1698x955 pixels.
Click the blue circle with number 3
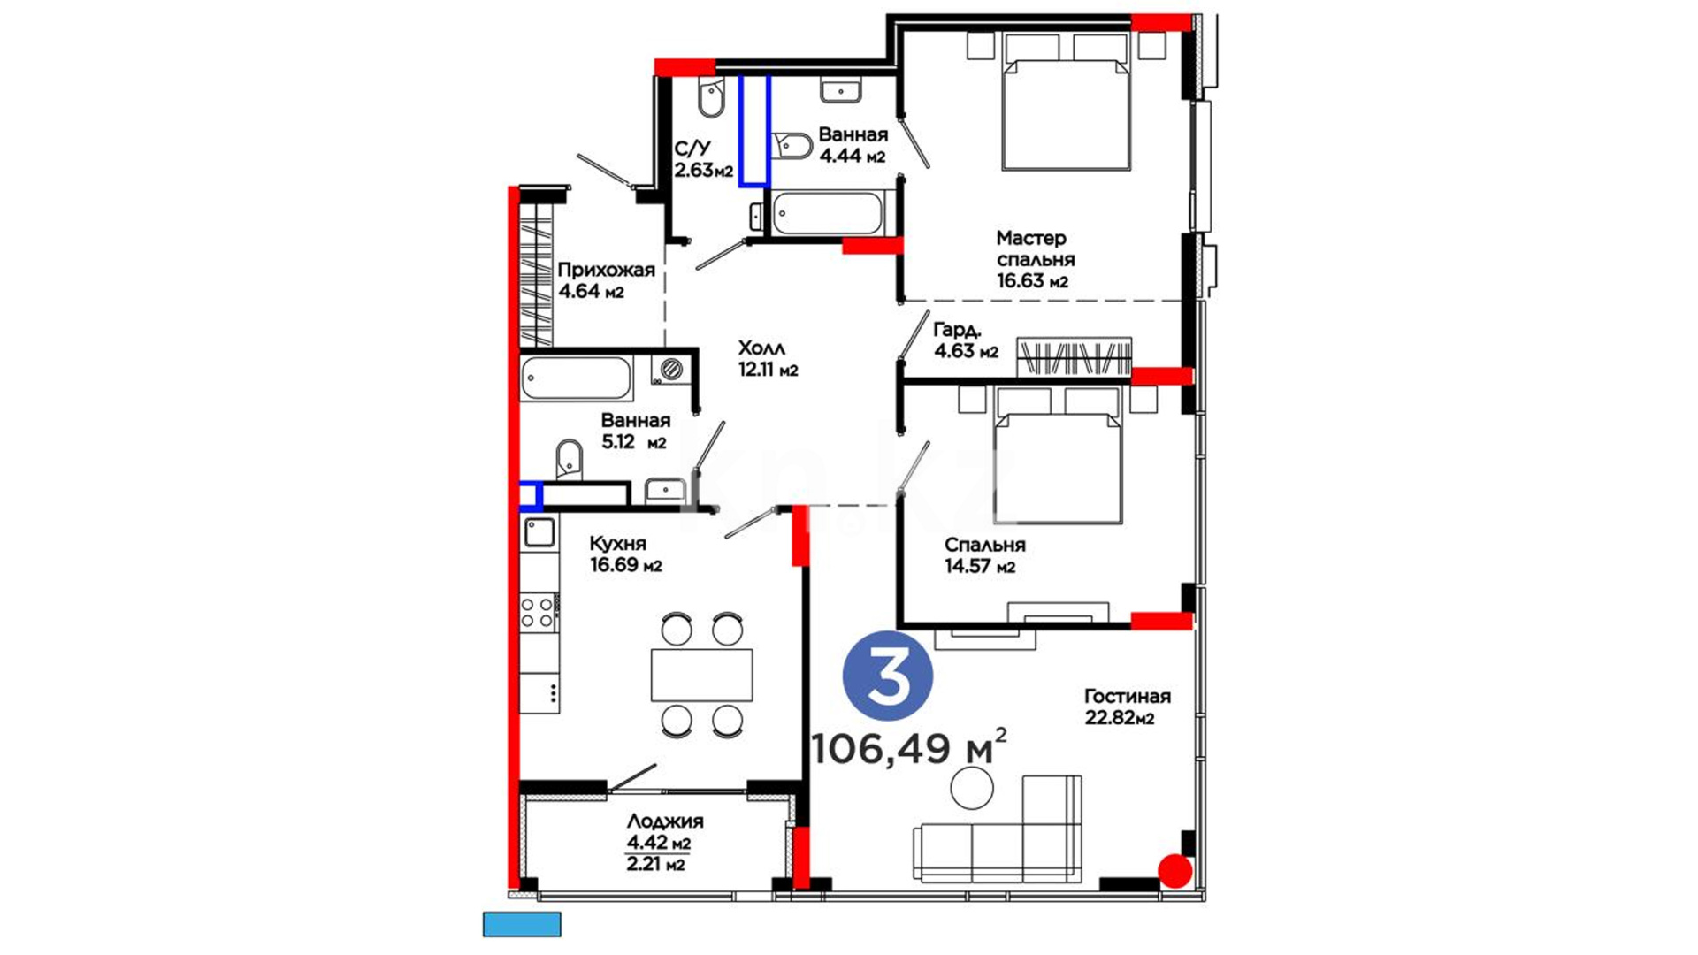(x=888, y=676)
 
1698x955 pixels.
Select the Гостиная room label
(x=1127, y=697)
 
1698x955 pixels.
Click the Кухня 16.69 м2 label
(x=625, y=554)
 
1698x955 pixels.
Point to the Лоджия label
(x=665, y=821)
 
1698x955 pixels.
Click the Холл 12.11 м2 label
(x=768, y=359)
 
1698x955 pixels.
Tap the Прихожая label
(x=606, y=270)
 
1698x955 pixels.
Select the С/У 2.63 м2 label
(x=704, y=159)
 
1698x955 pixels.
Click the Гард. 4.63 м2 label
(x=966, y=340)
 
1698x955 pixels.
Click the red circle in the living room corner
(x=1175, y=871)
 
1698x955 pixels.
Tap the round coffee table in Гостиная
(x=972, y=788)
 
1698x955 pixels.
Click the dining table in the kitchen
(x=702, y=675)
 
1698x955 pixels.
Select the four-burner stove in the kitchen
(x=538, y=612)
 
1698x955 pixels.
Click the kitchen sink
(x=539, y=532)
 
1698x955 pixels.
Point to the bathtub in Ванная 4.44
(x=827, y=213)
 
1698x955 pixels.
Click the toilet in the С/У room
(x=711, y=98)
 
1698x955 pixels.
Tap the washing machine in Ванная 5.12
(x=670, y=368)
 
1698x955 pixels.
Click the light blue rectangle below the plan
(x=522, y=924)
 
